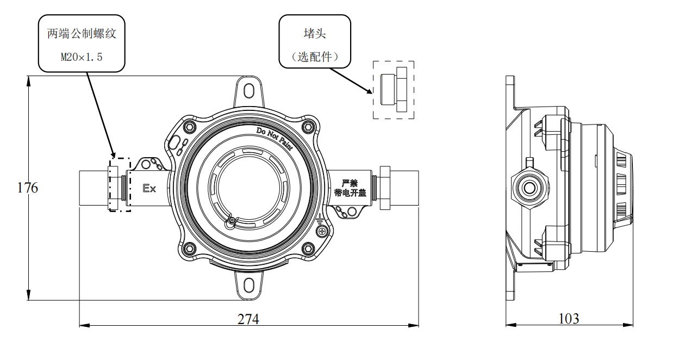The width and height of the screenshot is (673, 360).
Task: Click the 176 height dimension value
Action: pyautogui.click(x=28, y=188)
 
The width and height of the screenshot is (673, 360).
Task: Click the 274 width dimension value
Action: pyautogui.click(x=248, y=319)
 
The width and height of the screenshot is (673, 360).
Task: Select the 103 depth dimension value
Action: pyautogui.click(x=569, y=319)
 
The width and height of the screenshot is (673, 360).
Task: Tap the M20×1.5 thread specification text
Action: pyautogui.click(x=82, y=56)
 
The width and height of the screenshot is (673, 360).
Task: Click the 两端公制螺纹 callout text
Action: pyautogui.click(x=82, y=34)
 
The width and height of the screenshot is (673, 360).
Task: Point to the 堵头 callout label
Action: pyautogui.click(x=315, y=33)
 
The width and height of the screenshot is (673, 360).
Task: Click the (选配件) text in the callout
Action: pyautogui.click(x=315, y=56)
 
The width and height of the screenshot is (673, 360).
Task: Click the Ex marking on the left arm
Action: pyautogui.click(x=149, y=189)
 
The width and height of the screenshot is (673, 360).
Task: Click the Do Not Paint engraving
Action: pyautogui.click(x=275, y=138)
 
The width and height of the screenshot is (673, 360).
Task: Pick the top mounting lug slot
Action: pyautogui.click(x=250, y=89)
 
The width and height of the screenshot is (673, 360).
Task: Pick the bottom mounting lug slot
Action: pyautogui.click(x=250, y=283)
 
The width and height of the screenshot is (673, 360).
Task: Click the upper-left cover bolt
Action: pyautogui.click(x=189, y=127)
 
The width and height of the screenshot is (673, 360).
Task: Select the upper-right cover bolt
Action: pyautogui.click(x=309, y=127)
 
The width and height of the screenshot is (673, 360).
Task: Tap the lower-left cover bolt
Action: pyautogui.click(x=189, y=249)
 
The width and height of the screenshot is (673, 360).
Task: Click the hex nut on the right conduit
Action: pyautogui.click(x=384, y=188)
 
